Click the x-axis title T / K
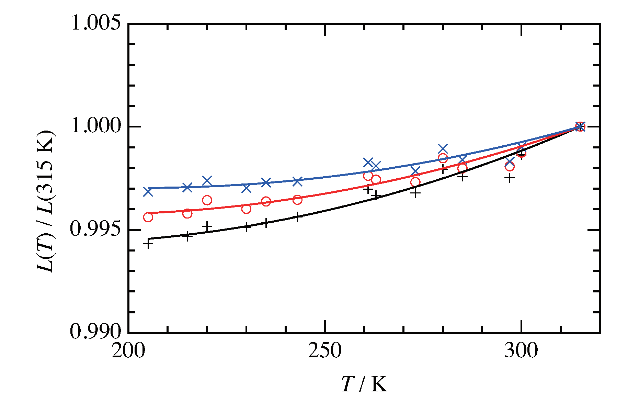point(364,384)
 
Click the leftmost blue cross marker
point(148,192)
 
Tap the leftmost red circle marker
point(148,217)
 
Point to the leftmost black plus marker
point(148,244)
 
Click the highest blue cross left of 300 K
point(443,149)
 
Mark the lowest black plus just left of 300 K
point(510,178)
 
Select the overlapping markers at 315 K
point(580,126)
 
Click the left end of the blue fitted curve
point(149,188)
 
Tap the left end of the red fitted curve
point(149,213)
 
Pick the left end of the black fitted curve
point(149,239)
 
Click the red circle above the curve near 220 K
point(207,200)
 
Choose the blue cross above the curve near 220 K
point(207,181)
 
